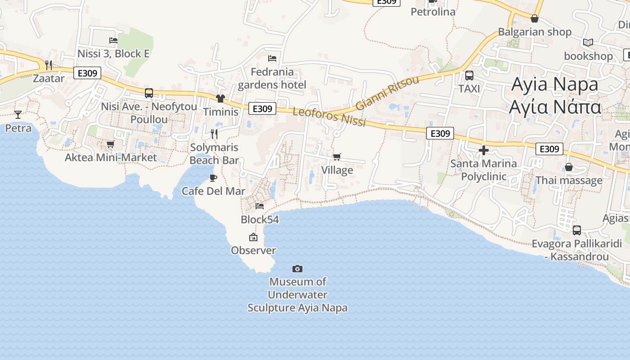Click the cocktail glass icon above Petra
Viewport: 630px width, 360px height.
18,114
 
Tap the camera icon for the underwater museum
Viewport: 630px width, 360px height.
297,269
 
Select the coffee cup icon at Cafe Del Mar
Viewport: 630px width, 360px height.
213,178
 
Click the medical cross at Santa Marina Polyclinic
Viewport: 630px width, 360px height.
484,150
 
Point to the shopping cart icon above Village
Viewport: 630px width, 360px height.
337,157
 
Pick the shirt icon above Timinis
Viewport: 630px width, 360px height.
220,99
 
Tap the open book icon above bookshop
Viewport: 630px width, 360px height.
588,42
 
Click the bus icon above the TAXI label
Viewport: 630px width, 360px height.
469,75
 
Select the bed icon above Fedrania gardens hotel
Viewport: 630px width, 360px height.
272,58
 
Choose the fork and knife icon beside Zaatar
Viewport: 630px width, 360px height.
49,65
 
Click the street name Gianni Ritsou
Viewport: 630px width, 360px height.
387,93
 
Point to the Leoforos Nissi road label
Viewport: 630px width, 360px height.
329,117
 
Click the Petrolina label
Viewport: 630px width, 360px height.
433,12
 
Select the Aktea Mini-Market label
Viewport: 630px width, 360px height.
111,157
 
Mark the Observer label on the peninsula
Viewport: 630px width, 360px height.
253,250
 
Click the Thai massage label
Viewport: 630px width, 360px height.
569,180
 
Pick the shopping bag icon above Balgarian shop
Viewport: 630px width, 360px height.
535,18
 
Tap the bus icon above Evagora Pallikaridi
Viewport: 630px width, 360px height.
577,230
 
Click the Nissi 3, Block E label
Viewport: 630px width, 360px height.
113,54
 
